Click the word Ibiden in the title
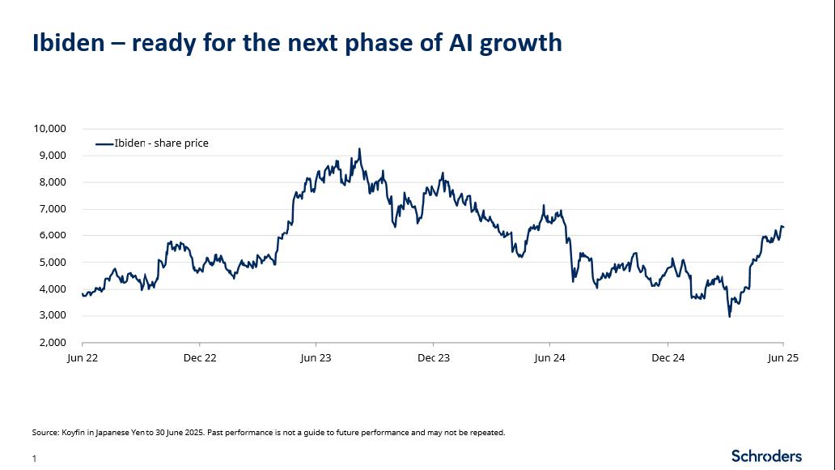click(x=69, y=42)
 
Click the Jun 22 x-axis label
click(x=82, y=357)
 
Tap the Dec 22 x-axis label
click(x=199, y=357)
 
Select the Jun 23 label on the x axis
click(x=316, y=357)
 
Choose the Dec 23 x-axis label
click(x=433, y=357)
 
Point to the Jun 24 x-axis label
click(x=549, y=357)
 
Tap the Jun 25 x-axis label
click(x=782, y=357)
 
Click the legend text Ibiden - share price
click(x=161, y=143)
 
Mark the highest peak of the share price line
click(x=359, y=149)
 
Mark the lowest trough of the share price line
click(x=730, y=316)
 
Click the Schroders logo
click(x=766, y=455)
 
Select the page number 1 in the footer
click(x=35, y=459)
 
